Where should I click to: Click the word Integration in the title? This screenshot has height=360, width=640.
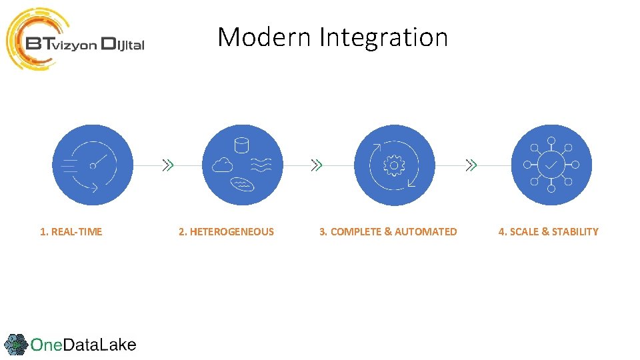pos(383,37)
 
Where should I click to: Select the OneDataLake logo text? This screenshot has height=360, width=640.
pos(83,345)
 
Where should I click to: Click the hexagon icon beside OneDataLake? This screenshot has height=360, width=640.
pos(15,345)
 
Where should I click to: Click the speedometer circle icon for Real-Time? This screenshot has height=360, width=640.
pos(93,165)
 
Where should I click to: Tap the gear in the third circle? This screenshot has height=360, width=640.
pos(395,165)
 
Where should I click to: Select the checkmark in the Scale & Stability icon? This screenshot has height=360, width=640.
pos(551,164)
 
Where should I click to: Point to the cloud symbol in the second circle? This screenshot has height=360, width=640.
pos(222,166)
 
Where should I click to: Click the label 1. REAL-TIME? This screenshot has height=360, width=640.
pos(71,232)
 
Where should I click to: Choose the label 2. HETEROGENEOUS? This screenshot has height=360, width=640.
pos(226,232)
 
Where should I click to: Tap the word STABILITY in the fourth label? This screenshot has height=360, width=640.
pos(575,232)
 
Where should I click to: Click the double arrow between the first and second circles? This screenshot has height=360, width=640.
pos(169,165)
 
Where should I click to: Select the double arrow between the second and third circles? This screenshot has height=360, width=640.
pos(317,165)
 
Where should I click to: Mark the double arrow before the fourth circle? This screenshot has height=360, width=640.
pos(471,165)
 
